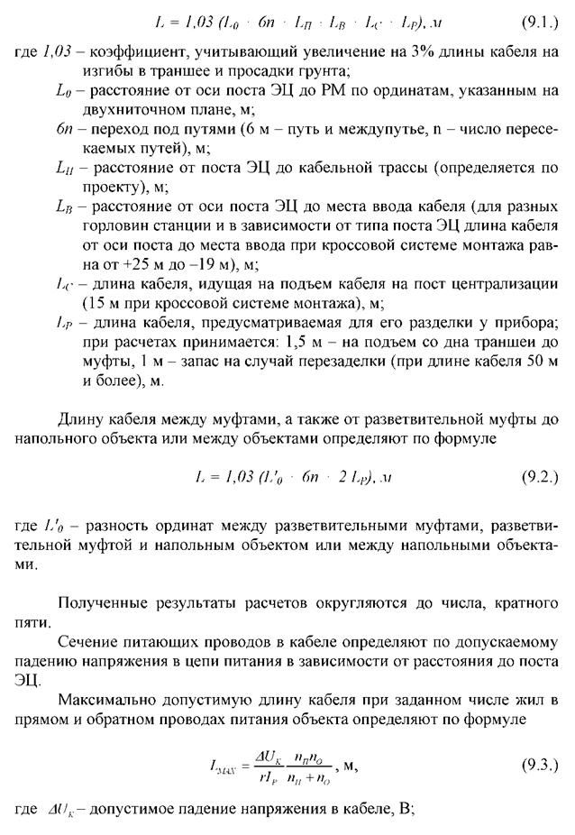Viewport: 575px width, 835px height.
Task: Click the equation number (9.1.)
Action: (540, 20)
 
